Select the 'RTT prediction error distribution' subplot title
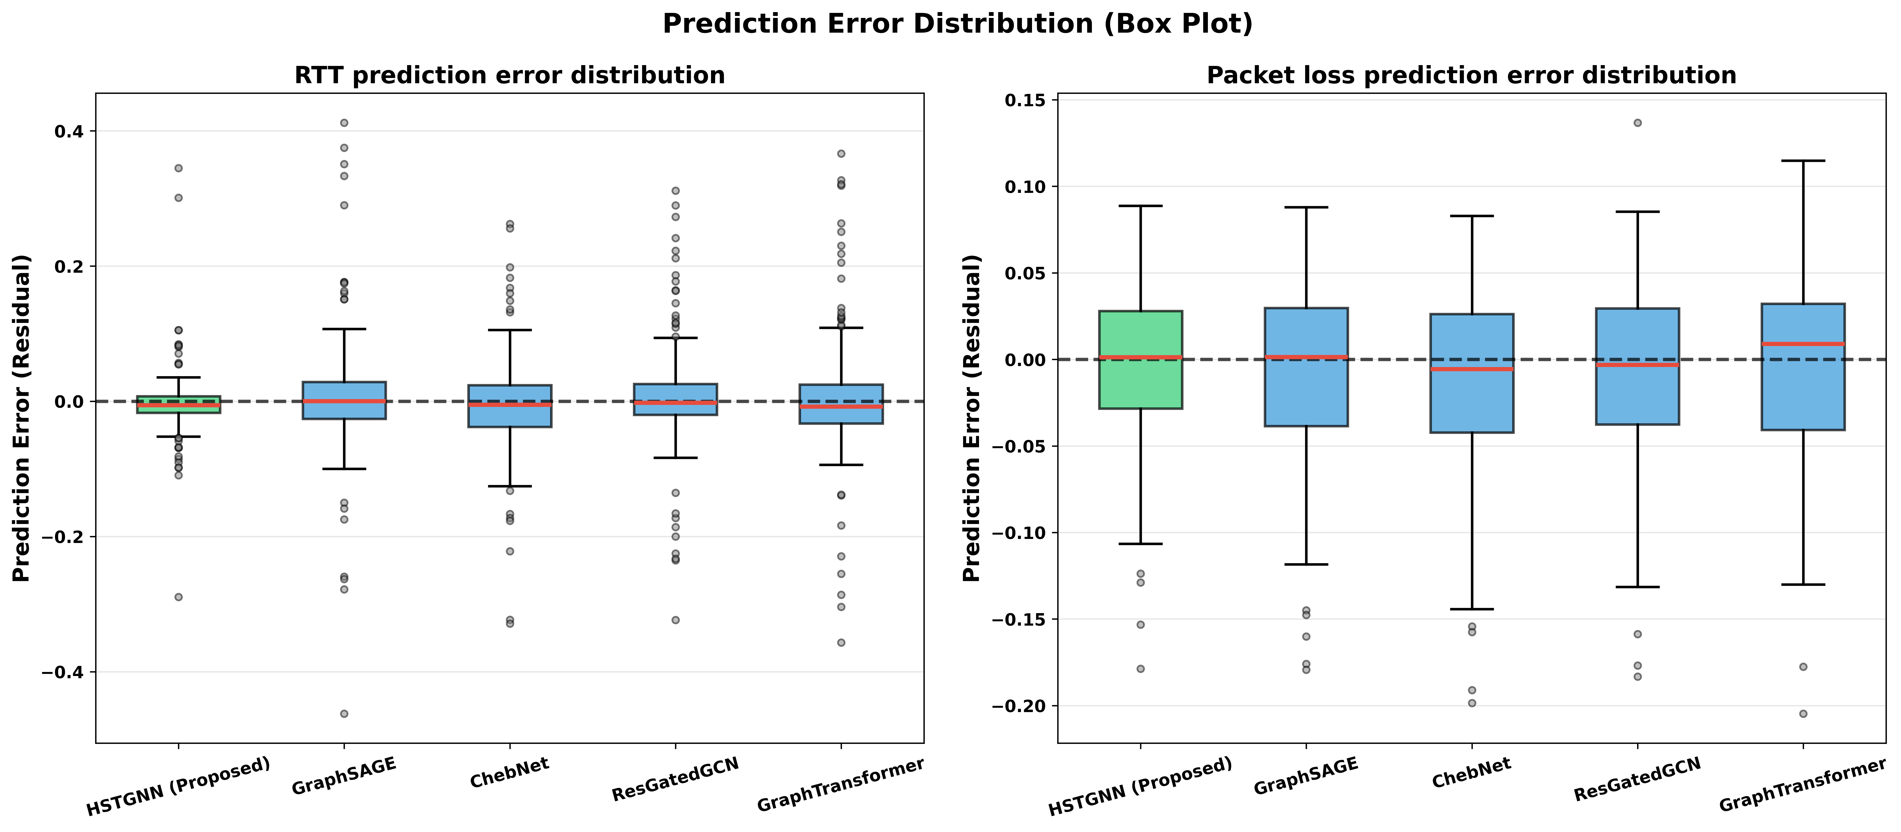tap(509, 75)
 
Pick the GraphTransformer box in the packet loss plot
tap(1803, 366)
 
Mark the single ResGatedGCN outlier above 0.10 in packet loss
tap(1637, 123)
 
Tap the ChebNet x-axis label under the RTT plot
tap(509, 773)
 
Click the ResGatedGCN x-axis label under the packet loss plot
tap(1637, 780)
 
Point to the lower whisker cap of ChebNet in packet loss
tap(1471, 609)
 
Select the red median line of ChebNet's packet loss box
tap(1471, 369)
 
